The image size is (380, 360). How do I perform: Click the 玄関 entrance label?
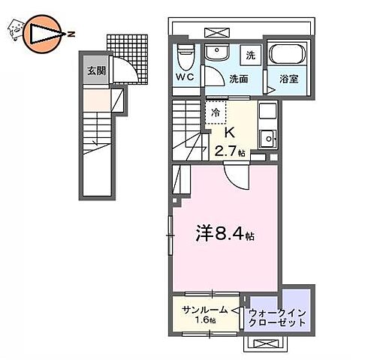[x=95, y=71]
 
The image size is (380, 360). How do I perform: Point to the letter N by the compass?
[x=70, y=33]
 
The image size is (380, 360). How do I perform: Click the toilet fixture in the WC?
[x=186, y=55]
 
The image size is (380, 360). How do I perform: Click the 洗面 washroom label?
[x=240, y=77]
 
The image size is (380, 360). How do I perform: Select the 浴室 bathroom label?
[x=288, y=78]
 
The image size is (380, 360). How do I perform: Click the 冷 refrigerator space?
[x=216, y=112]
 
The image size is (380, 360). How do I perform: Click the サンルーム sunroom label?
[x=204, y=309]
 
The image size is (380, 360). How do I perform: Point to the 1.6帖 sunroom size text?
[x=204, y=320]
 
